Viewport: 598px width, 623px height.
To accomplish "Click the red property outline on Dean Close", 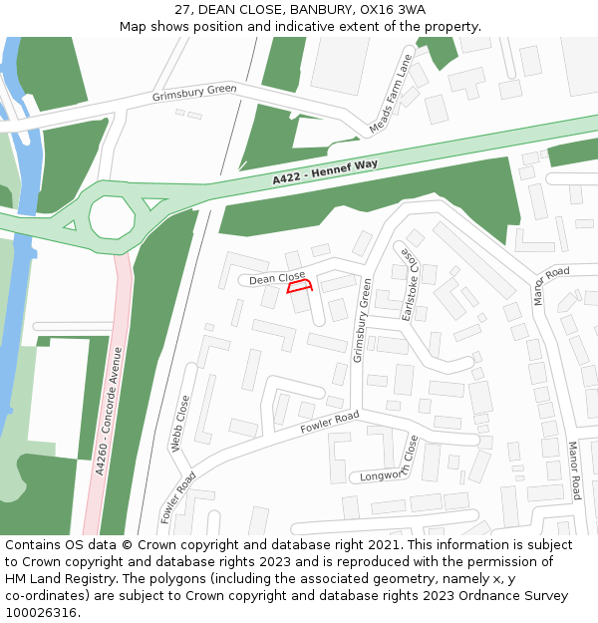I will (300, 286).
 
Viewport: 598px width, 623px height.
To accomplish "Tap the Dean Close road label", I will (277, 278).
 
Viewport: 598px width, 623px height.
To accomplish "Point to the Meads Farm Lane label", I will (390, 95).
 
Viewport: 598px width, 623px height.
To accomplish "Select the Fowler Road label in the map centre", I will (329, 422).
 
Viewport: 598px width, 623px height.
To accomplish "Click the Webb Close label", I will (182, 424).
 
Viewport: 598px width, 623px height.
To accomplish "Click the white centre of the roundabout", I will (111, 214).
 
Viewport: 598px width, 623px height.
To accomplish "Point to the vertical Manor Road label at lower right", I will (574, 469).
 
